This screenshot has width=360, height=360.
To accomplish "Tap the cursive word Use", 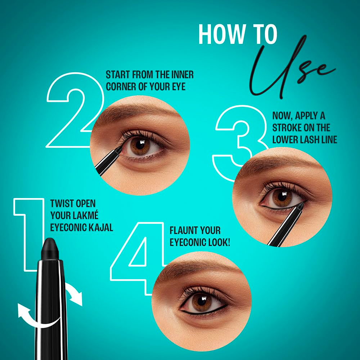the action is pos(291,67).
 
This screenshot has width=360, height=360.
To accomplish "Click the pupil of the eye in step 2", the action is pos(139,144).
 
